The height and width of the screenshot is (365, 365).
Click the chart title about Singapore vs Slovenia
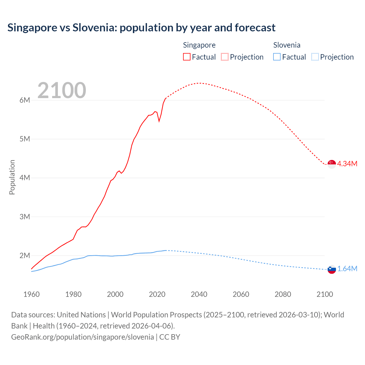click(141, 28)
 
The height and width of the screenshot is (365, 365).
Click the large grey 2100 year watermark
click(62, 90)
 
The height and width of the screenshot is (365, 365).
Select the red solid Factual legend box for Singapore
click(187, 57)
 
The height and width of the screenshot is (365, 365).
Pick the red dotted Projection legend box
click(225, 57)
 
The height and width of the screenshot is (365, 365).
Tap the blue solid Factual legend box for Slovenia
click(277, 57)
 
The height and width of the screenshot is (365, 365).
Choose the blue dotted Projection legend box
click(315, 57)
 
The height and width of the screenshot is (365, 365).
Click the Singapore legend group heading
click(199, 45)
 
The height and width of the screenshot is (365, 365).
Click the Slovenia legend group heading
click(287, 45)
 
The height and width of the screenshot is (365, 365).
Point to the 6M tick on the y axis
click(25, 100)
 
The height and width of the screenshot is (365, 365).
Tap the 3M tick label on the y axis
click(25, 217)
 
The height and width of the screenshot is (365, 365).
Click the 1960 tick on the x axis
click(31, 294)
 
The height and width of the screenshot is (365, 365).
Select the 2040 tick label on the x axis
click(199, 294)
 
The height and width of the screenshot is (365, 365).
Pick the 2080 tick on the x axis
click(283, 294)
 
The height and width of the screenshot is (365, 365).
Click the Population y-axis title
click(12, 177)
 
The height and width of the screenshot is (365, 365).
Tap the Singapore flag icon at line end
click(332, 164)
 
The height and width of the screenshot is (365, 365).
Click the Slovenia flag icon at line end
click(332, 269)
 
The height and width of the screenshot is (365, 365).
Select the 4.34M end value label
click(347, 164)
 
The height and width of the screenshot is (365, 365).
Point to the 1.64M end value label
click(347, 269)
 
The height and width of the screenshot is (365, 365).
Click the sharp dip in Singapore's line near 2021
click(159, 121)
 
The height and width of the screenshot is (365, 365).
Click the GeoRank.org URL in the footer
click(82, 337)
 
